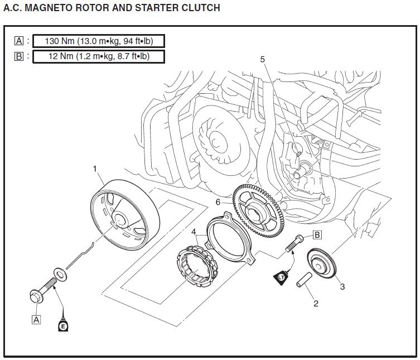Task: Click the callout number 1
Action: (95, 167)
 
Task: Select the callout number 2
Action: (316, 304)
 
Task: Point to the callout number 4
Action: (194, 231)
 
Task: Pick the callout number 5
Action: (263, 59)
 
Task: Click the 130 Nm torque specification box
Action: (99, 41)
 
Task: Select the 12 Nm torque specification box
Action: (99, 56)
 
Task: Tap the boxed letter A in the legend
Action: (19, 41)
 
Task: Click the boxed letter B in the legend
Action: (19, 56)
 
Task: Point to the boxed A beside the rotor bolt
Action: (36, 320)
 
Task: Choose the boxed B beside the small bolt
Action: (316, 235)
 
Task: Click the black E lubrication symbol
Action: (63, 325)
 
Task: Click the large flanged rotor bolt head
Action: (36, 296)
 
